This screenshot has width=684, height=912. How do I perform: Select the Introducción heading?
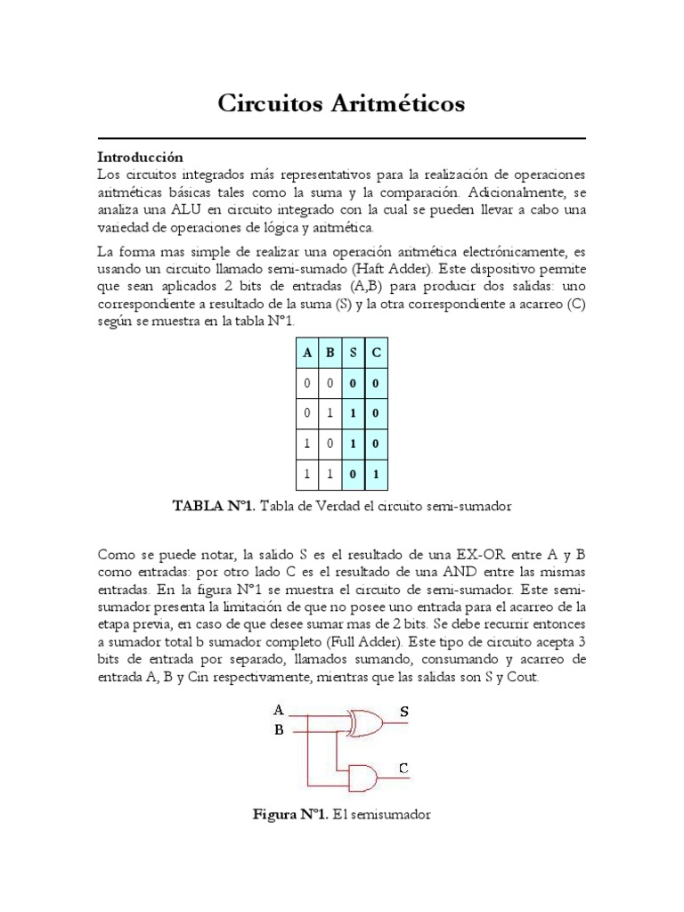140,156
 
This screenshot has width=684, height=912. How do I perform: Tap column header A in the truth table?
307,352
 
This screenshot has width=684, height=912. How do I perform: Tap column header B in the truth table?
330,352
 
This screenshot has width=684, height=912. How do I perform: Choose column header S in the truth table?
354,352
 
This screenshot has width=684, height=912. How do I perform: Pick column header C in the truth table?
377,352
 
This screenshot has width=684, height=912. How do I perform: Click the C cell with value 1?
377,475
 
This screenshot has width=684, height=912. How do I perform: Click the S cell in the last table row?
354,475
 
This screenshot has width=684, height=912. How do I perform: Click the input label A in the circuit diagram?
278,711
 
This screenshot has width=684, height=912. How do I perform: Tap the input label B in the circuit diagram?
278,731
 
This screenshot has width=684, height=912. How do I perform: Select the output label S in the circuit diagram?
404,712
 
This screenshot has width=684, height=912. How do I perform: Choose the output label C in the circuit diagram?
403,768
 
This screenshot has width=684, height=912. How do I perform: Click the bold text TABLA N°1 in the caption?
214,506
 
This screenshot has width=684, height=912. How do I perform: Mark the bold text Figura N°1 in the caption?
290,815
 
